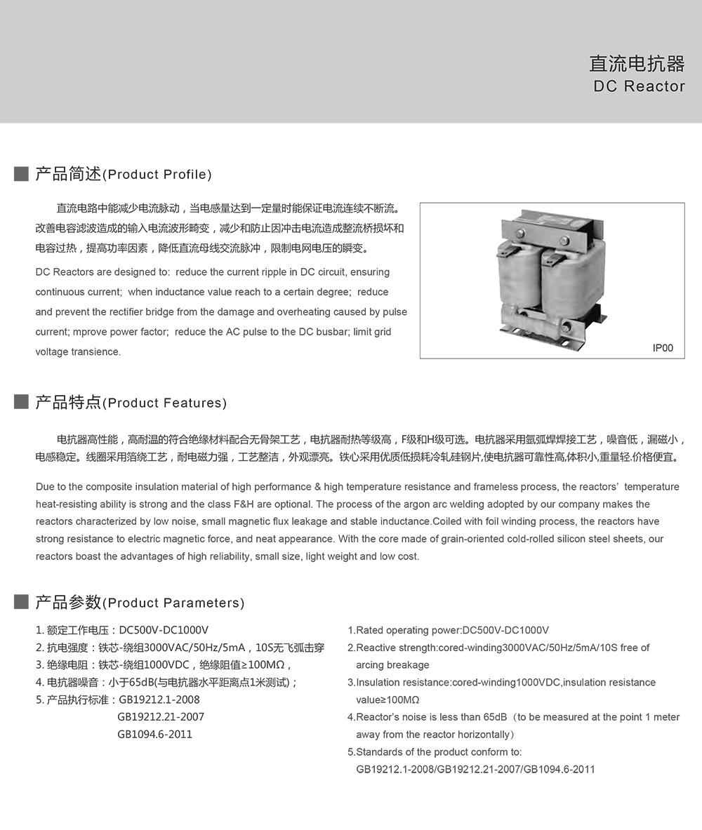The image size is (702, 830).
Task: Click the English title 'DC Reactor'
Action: pos(639,86)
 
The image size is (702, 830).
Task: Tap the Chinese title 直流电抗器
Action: pos(637,64)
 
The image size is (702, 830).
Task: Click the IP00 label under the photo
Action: pos(663,348)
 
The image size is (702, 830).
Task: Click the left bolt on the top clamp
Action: pos(520,234)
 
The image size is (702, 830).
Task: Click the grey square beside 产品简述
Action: pos(21,174)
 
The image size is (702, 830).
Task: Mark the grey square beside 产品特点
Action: pos(21,402)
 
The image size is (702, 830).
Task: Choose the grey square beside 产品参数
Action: pos(21,602)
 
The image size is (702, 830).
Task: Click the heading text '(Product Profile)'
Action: pos(157,175)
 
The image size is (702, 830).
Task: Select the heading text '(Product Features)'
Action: pos(165,403)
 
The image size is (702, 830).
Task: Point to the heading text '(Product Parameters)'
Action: pos(173,603)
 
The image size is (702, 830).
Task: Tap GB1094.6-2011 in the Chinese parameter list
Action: pos(154,735)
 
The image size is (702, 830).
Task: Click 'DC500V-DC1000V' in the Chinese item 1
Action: pos(164,630)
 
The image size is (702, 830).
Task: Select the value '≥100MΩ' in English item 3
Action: pos(388,700)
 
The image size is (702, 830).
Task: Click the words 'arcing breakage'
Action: pos(392,664)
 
